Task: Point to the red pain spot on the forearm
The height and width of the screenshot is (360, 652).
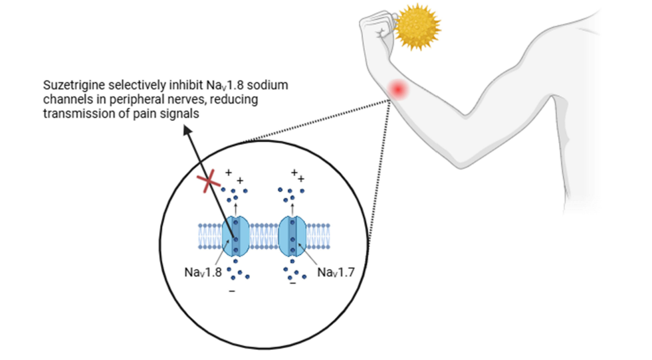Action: click(399, 89)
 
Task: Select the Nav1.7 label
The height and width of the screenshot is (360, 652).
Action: click(337, 272)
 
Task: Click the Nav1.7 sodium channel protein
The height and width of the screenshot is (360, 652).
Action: click(293, 236)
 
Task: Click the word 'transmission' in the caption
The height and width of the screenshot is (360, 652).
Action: click(73, 113)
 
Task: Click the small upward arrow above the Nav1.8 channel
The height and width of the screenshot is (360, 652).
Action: click(236, 207)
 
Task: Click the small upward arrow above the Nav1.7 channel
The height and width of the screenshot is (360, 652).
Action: click(293, 207)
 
